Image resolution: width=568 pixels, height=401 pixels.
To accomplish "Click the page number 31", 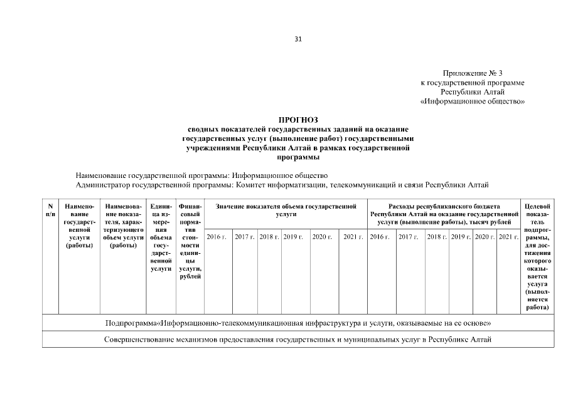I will pos(297,39).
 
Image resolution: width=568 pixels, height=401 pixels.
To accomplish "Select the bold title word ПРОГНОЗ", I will pos(298,119).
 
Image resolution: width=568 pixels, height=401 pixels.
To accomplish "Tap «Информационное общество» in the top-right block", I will pos(473,101).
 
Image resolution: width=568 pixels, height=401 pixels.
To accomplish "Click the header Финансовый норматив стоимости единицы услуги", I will pos(190,241).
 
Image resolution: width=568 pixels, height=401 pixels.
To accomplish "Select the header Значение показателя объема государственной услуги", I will pos(286,210).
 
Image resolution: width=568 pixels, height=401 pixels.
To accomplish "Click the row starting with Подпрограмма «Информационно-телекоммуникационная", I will pos(297,323).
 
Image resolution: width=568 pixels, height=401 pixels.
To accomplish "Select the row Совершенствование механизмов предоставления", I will pos(297,339).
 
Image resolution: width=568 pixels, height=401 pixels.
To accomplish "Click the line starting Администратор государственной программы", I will pos(281,185).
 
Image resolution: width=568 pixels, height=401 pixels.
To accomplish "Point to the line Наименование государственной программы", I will pos(201,175).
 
